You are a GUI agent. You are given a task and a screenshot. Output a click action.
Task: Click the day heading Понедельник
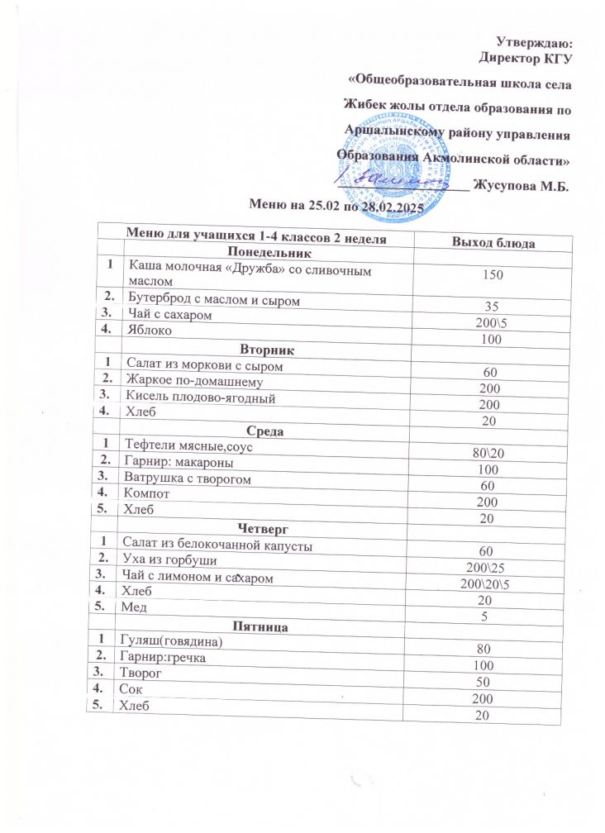click(x=256, y=253)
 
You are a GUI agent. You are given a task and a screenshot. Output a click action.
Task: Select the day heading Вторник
click(x=255, y=351)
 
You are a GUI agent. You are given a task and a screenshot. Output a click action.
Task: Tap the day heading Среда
click(x=255, y=430)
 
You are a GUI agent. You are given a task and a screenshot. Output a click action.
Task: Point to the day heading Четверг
click(x=255, y=526)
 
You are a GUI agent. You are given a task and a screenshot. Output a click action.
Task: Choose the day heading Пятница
click(x=255, y=627)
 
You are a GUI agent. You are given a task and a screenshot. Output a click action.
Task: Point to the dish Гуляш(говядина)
click(x=171, y=641)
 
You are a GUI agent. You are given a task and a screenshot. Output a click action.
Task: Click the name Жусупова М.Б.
click(x=524, y=188)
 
